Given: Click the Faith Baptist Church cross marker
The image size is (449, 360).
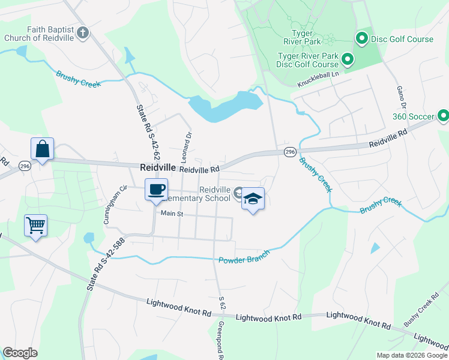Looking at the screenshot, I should click(83, 32).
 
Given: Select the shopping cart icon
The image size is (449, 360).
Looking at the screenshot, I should click(35, 226).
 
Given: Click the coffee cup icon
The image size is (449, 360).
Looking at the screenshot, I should click(156, 190).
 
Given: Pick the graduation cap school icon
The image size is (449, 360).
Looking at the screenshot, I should click(253, 199).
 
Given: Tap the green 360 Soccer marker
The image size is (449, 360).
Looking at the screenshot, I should click(443, 115).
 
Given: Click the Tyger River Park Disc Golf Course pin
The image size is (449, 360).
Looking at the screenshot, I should click(347, 59).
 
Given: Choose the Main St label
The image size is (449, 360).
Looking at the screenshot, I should click(171, 213).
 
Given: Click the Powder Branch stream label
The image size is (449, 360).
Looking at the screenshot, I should click(244, 257).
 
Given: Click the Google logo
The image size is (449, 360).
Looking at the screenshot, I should click(20, 353).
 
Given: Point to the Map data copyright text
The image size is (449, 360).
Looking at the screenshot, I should click(411, 355).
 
